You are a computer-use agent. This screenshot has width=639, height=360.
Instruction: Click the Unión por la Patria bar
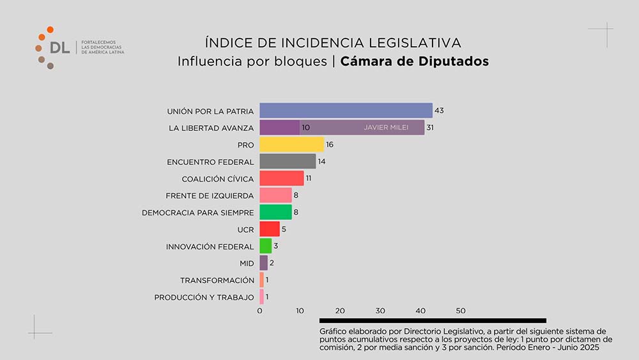point(346,111)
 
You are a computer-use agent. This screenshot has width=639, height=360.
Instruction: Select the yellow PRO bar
point(291,145)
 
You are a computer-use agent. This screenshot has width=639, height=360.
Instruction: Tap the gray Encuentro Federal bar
point(288,161)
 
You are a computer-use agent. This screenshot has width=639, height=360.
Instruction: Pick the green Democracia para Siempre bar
point(275,212)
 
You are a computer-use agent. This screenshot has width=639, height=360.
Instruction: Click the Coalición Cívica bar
point(281,178)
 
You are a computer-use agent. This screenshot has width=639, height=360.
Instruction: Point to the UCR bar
point(269,229)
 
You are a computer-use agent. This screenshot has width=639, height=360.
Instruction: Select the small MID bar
point(263,263)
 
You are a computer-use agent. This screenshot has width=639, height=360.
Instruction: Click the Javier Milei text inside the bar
point(386,128)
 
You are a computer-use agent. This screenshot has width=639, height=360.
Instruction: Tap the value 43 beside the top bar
point(439,111)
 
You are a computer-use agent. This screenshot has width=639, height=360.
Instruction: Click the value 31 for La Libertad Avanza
point(431,128)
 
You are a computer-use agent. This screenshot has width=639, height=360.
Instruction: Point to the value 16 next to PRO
point(330,145)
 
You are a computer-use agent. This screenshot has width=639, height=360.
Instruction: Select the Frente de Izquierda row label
point(210,196)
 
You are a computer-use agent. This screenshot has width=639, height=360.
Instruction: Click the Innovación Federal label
point(210,246)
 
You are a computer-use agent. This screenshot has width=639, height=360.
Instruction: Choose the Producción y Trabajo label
point(204,297)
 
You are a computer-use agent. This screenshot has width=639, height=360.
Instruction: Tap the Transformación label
point(217,280)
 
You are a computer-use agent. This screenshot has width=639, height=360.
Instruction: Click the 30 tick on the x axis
point(380,311)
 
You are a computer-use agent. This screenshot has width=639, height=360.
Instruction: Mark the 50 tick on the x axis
point(461,311)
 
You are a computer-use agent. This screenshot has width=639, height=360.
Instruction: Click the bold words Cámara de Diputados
point(414,62)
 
